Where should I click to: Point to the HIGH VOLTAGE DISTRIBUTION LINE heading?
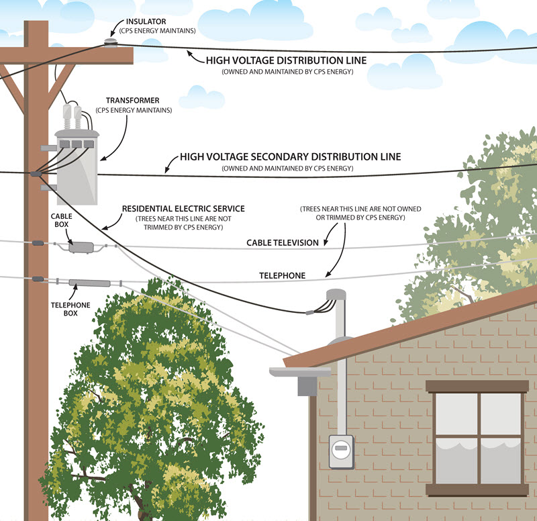[x=287, y=60]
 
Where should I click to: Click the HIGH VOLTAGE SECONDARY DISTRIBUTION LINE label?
[x=290, y=156]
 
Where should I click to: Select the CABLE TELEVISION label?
[x=283, y=242]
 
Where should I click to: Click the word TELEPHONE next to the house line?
[x=283, y=275]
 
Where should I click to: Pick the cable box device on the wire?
[x=81, y=248]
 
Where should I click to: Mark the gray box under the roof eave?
[x=307, y=385]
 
